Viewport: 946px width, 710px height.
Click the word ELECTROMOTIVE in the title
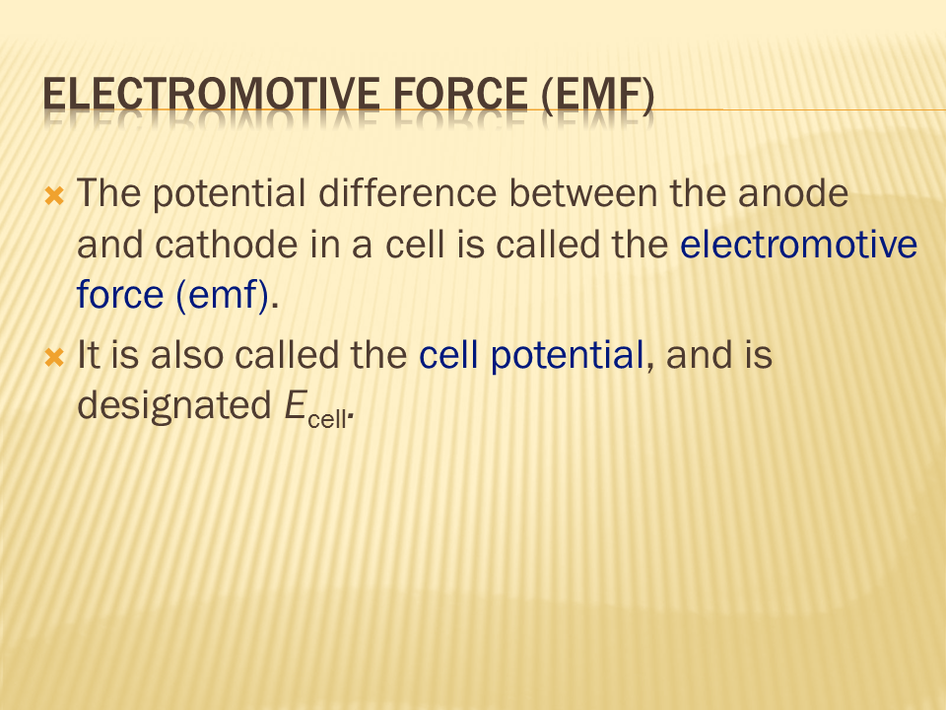pyautogui.click(x=211, y=95)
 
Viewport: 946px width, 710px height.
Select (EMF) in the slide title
pyautogui.click(x=598, y=96)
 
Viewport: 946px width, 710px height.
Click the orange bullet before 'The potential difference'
pyautogui.click(x=54, y=195)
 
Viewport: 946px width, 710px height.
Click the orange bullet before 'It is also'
pyautogui.click(x=54, y=357)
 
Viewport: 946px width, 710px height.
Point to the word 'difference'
pyautogui.click(x=407, y=193)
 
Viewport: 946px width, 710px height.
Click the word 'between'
pyautogui.click(x=582, y=193)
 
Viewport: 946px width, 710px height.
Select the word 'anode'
pyautogui.click(x=792, y=193)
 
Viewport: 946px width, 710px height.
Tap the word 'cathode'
pyautogui.click(x=227, y=245)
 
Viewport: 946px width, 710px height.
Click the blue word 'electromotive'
pyautogui.click(x=799, y=245)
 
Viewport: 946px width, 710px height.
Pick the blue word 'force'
pyautogui.click(x=120, y=294)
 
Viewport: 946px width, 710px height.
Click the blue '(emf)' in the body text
pyautogui.click(x=222, y=296)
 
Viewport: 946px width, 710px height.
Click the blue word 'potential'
pyautogui.click(x=568, y=356)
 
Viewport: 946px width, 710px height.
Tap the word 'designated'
pyautogui.click(x=174, y=406)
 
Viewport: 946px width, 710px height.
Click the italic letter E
pyautogui.click(x=296, y=405)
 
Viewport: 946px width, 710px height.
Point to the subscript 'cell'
pyautogui.click(x=327, y=418)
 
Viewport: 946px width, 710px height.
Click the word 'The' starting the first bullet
pyautogui.click(x=109, y=193)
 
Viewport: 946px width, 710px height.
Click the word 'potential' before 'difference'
pyautogui.click(x=229, y=195)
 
